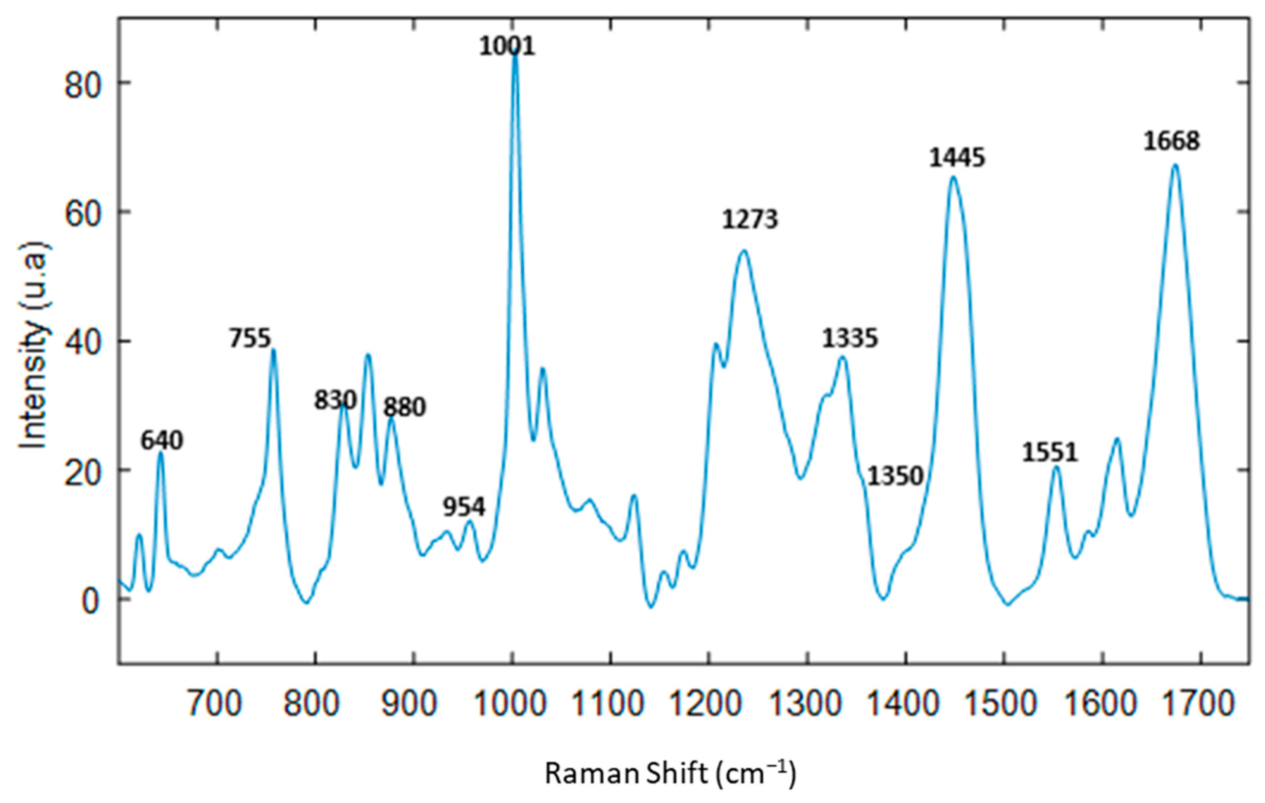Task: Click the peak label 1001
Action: point(507,46)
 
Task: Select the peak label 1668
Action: point(1171,141)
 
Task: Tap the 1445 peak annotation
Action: point(957,158)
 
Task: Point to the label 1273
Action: point(750,220)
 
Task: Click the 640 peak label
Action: point(161,441)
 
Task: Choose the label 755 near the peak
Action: point(250,339)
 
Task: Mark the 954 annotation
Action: point(464,507)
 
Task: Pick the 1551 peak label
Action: point(1050,452)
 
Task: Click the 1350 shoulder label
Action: point(895,476)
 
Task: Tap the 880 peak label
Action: point(404,408)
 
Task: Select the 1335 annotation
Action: point(849,338)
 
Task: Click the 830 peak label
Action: point(335,400)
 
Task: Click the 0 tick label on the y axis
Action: point(90,602)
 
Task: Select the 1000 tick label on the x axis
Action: point(511,704)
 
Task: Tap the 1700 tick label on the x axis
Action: point(1200,704)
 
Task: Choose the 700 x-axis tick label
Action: point(216,704)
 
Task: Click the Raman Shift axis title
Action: point(670,773)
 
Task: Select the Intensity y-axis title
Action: point(33,345)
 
